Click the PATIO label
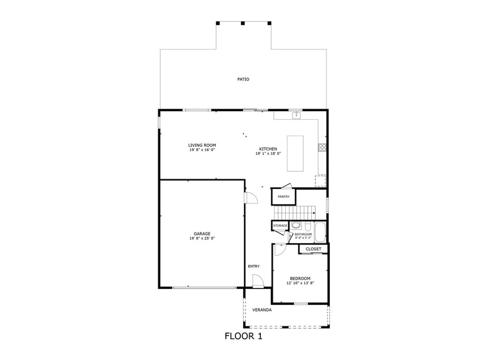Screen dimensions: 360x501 [243, 79]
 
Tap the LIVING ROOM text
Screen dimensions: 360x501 [202, 145]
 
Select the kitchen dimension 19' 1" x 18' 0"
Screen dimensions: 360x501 [268, 154]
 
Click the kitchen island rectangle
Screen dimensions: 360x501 [295, 154]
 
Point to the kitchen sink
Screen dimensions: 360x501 [296, 115]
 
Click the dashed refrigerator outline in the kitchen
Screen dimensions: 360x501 [320, 180]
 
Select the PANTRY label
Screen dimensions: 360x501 [283, 197]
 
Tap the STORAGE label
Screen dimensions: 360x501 [280, 225]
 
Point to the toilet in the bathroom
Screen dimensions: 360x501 [307, 226]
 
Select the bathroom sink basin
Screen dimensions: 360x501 [296, 226]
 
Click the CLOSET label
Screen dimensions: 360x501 [313, 249]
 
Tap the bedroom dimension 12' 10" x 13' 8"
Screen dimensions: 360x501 [299, 283]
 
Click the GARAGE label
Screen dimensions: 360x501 [202, 234]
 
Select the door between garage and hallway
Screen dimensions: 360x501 [250, 198]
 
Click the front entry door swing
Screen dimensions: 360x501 [257, 281]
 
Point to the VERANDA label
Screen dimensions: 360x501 [262, 310]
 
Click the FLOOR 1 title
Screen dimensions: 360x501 [243, 336]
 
